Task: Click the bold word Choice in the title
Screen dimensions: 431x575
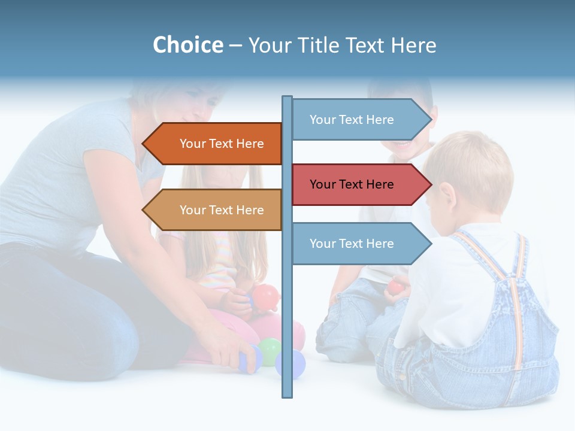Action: click(x=187, y=45)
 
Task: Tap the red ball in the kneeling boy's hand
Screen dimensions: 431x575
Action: click(x=395, y=287)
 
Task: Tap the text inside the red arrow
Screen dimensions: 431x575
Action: click(x=352, y=184)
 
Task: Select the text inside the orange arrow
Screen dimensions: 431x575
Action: click(x=222, y=144)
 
